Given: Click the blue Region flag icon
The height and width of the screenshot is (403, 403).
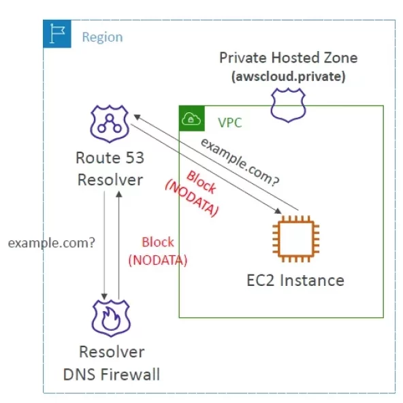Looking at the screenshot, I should pyautogui.click(x=57, y=33).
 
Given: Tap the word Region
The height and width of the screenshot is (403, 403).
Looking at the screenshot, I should pyautogui.click(x=102, y=37).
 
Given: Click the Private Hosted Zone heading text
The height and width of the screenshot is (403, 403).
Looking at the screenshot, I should pyautogui.click(x=287, y=59).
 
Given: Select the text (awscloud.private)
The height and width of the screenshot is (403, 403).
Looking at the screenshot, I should pyautogui.click(x=288, y=76).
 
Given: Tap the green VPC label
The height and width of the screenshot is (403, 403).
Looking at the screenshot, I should pyautogui.click(x=229, y=123).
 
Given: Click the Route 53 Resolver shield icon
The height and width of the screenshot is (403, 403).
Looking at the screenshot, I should pyautogui.click(x=110, y=123).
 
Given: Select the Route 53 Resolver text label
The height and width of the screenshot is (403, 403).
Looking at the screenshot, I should pyautogui.click(x=110, y=170).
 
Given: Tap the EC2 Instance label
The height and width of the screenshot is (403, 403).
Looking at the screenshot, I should pyautogui.click(x=295, y=280).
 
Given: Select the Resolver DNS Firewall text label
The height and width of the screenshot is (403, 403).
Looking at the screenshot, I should pyautogui.click(x=111, y=364).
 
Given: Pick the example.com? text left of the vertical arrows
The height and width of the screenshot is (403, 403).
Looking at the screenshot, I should pyautogui.click(x=51, y=243).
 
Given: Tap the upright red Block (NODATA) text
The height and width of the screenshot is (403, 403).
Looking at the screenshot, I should pyautogui.click(x=158, y=251).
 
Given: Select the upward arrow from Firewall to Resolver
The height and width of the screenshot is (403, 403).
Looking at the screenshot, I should pyautogui.click(x=119, y=245).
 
